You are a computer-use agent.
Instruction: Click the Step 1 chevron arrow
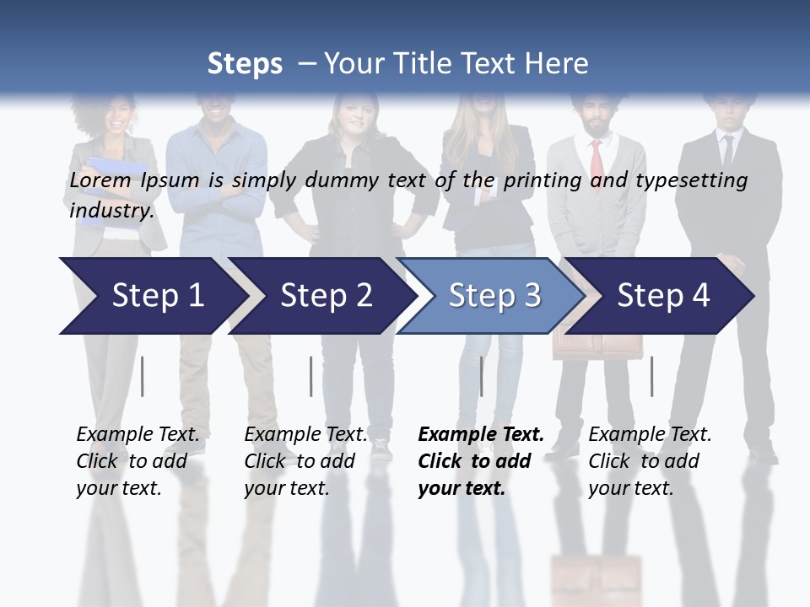[152, 296]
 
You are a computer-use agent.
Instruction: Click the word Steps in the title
[245, 63]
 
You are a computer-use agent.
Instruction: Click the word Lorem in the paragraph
[100, 180]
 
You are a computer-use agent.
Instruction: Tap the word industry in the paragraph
[111, 211]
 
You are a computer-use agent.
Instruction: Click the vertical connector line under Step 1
[143, 376]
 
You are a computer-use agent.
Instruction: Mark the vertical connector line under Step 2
[311, 376]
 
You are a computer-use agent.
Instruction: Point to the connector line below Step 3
[482, 376]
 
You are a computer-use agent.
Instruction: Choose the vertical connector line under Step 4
[651, 376]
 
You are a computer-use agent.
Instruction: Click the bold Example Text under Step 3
[481, 435]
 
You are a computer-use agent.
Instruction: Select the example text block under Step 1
[138, 461]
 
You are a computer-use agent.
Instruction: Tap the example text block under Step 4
[650, 461]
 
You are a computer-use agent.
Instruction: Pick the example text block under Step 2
[305, 461]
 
